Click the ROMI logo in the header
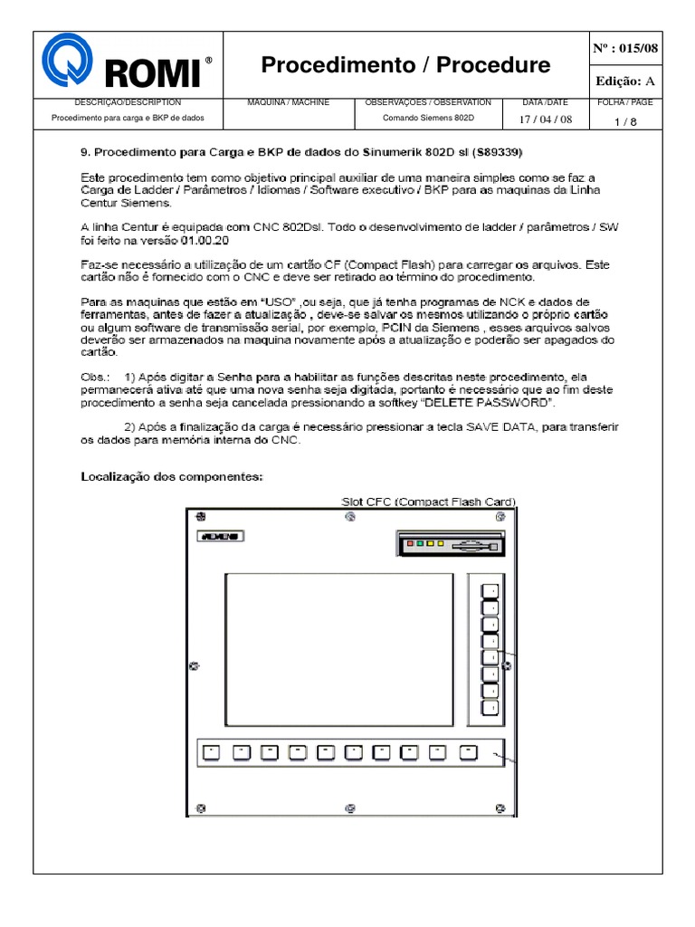128,65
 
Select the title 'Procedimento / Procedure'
405,65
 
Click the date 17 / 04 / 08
545,119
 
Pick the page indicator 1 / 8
623,119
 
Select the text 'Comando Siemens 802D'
427,118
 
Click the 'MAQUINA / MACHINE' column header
288,102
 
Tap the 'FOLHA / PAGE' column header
624,102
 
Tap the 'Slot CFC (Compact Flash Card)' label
428,502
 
